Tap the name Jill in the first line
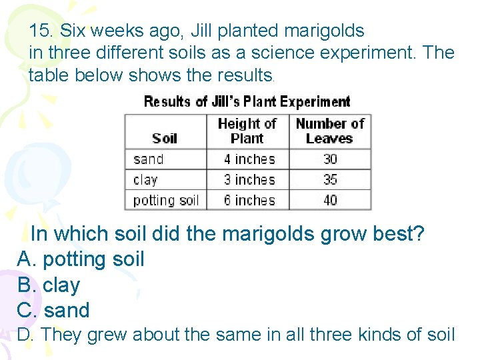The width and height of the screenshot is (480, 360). pyautogui.click(x=204, y=31)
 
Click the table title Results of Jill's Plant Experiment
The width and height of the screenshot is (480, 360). pyautogui.click(x=247, y=102)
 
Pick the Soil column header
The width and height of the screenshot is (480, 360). pyautogui.click(x=165, y=138)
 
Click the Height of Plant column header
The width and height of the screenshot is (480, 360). pyautogui.click(x=247, y=131)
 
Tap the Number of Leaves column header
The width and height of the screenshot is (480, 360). pyautogui.click(x=329, y=131)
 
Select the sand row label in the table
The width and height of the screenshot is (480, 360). pyautogui.click(x=148, y=159)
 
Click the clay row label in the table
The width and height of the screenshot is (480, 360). pyautogui.click(x=145, y=180)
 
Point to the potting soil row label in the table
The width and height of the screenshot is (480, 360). pyautogui.click(x=166, y=200)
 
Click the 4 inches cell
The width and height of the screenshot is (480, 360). pyautogui.click(x=249, y=159)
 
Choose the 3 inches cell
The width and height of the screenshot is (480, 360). pyautogui.click(x=249, y=180)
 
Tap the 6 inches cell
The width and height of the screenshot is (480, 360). pyautogui.click(x=249, y=200)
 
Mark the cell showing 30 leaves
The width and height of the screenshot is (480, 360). pyautogui.click(x=330, y=159)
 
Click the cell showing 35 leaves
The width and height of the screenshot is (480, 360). pyautogui.click(x=330, y=180)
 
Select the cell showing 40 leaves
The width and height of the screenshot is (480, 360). pyautogui.click(x=330, y=200)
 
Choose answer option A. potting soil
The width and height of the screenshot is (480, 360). pyautogui.click(x=81, y=259)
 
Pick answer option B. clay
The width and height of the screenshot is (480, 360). pyautogui.click(x=49, y=285)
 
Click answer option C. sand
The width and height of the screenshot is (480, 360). pyautogui.click(x=53, y=310)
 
